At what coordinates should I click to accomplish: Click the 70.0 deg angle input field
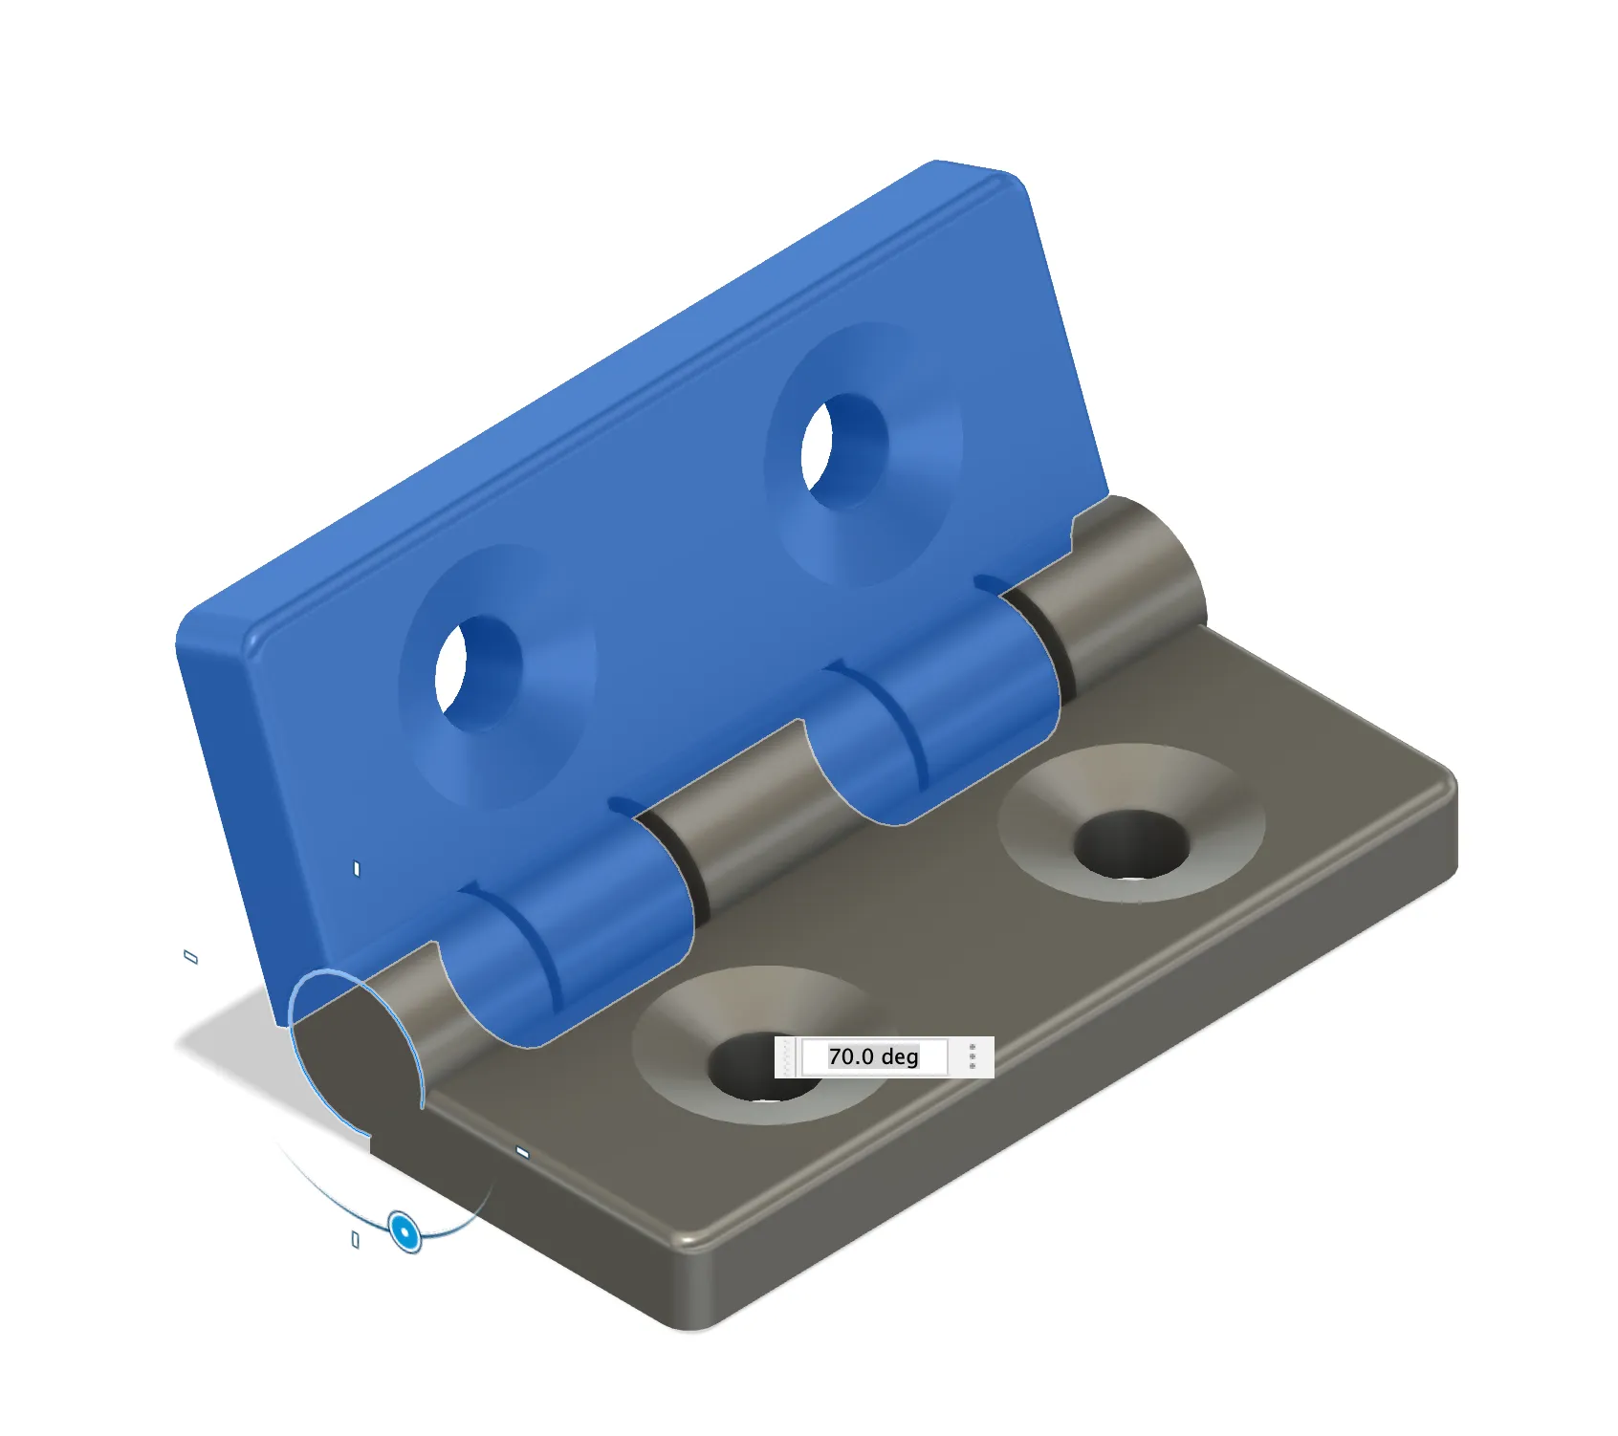click(873, 1056)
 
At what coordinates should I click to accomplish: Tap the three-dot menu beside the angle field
click(973, 1056)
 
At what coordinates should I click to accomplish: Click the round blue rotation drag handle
click(405, 1231)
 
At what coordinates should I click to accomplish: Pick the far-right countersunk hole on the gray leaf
click(1130, 843)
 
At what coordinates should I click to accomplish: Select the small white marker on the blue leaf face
click(357, 869)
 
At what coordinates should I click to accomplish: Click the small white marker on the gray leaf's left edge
click(522, 1153)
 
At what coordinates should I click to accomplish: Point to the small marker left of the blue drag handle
click(356, 1240)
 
